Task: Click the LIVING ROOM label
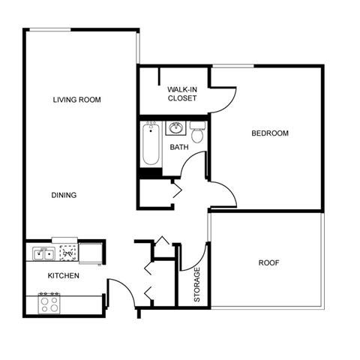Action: click(76, 100)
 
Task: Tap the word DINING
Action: click(64, 195)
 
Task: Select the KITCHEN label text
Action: click(64, 276)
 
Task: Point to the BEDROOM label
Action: click(269, 133)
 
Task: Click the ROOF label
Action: click(269, 262)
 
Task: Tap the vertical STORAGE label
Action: click(197, 285)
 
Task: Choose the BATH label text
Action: click(178, 147)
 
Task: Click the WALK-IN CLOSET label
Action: click(182, 93)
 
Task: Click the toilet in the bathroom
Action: click(197, 133)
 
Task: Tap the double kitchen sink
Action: click(42, 254)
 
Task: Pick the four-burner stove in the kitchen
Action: click(49, 304)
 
